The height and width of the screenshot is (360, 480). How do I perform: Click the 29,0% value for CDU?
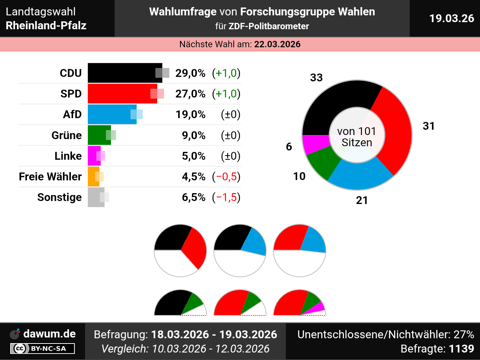pos(190,73)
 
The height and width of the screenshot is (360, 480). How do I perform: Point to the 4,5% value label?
pos(193,177)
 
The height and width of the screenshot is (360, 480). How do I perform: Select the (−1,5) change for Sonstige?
pos(226,197)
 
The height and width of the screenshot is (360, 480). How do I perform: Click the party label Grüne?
pos(66,135)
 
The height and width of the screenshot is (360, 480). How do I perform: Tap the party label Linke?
pos(68,156)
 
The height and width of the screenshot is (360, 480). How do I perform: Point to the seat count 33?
pos(316,78)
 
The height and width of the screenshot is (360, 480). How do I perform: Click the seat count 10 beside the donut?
pos(299,176)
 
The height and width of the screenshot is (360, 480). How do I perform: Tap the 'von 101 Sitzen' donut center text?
pos(357,137)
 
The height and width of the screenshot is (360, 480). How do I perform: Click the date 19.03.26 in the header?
pos(451,18)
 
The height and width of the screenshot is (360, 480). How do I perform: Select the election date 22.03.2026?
pos(277,44)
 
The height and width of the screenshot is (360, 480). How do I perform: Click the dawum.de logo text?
pos(49,334)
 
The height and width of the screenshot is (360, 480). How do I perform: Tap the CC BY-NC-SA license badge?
pos(42,349)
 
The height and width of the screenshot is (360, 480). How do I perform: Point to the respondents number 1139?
pos(461,349)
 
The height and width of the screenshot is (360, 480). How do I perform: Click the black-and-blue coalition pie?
pos(240,250)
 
